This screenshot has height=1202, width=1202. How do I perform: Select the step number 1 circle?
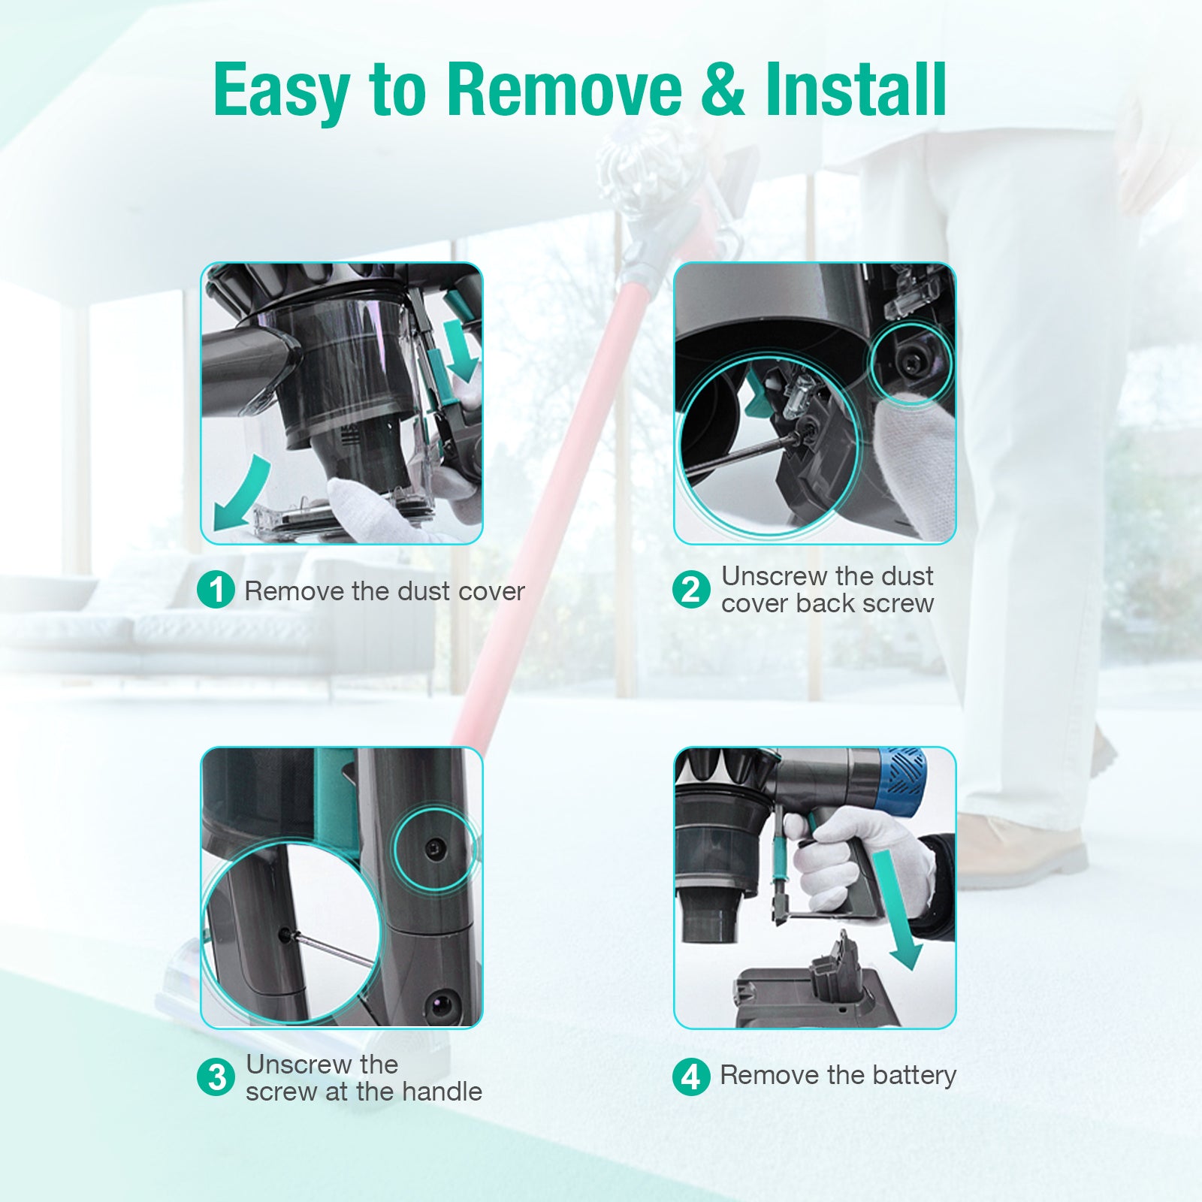tap(216, 590)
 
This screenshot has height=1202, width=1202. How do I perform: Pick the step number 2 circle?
tap(691, 589)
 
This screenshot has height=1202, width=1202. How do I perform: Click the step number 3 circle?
tap(216, 1077)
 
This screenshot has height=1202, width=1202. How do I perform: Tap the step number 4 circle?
tap(691, 1076)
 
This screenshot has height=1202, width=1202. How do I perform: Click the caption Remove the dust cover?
tap(385, 591)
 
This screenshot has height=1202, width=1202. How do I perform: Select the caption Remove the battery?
tap(838, 1076)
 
